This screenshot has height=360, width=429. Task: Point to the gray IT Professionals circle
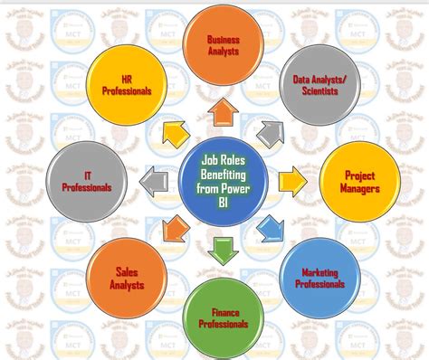coord(88,182)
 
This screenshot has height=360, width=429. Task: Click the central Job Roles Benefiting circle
coord(223,180)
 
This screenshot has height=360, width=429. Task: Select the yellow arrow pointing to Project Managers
coord(291,181)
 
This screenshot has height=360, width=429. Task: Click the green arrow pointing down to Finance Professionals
coord(223,248)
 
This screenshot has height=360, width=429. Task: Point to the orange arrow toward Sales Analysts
coord(171,227)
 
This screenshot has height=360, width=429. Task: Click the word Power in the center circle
coord(243,191)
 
